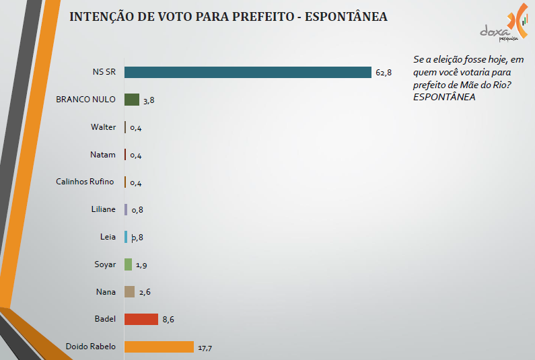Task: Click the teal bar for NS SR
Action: click(x=248, y=72)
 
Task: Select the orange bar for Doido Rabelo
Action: click(x=159, y=347)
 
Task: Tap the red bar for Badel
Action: click(x=141, y=319)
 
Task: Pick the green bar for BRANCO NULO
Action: click(x=132, y=100)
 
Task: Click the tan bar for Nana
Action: click(x=130, y=291)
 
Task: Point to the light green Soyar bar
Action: click(x=129, y=264)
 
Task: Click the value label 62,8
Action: click(x=384, y=73)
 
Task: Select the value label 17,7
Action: click(x=205, y=347)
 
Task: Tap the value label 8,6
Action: click(x=168, y=320)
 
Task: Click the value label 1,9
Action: click(x=142, y=265)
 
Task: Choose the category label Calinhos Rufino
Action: click(x=85, y=182)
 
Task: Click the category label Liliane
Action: click(x=102, y=209)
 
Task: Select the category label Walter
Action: click(x=103, y=127)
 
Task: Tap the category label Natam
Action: click(x=102, y=154)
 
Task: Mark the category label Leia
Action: click(x=107, y=237)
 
